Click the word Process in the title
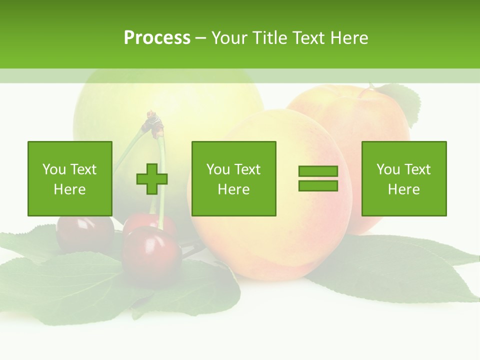click(x=157, y=38)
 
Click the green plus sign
click(x=152, y=178)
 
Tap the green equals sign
click(x=318, y=178)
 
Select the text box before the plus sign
click(x=70, y=178)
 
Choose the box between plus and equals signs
click(x=233, y=178)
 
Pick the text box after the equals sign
click(x=404, y=178)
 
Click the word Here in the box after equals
click(x=404, y=189)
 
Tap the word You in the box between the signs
click(x=218, y=169)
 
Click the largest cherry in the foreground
click(x=151, y=255)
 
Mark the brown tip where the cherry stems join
click(x=153, y=123)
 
